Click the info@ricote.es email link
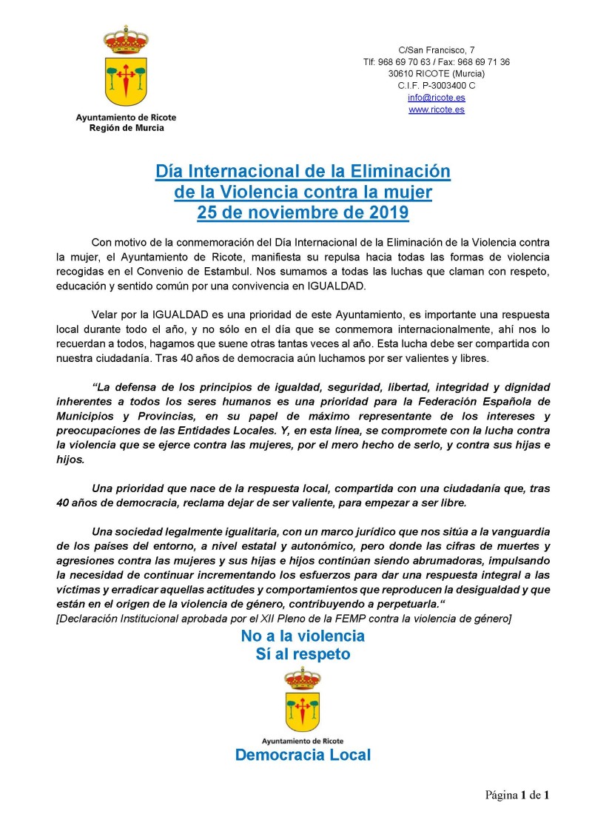pyautogui.click(x=436, y=98)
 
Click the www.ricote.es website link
pyautogui.click(x=436, y=110)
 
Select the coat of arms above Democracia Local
pyautogui.click(x=302, y=699)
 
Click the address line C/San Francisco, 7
pyautogui.click(x=436, y=50)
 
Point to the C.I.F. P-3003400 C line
pyautogui.click(x=436, y=86)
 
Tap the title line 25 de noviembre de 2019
pyautogui.click(x=302, y=213)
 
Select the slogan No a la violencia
pyautogui.click(x=302, y=636)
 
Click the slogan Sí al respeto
pyautogui.click(x=302, y=654)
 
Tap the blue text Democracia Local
pyautogui.click(x=302, y=755)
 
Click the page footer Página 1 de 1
pyautogui.click(x=517, y=796)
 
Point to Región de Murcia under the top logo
pyautogui.click(x=126, y=128)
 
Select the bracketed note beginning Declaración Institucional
pyautogui.click(x=283, y=617)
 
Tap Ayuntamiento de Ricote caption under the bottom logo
pyautogui.click(x=302, y=740)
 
